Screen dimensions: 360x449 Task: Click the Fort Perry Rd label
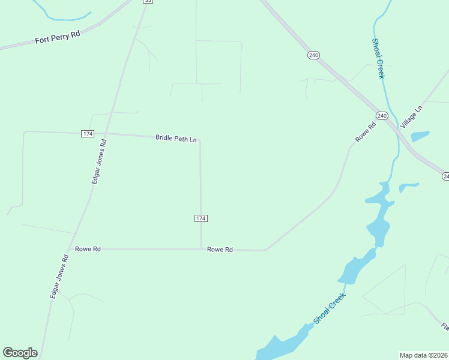click(x=57, y=37)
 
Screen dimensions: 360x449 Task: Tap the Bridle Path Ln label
click(x=176, y=138)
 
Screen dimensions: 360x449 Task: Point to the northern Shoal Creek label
click(x=377, y=59)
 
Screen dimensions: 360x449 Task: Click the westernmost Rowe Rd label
click(x=88, y=248)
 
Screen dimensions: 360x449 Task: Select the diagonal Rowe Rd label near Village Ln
click(x=365, y=131)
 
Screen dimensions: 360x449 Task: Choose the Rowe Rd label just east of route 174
click(x=220, y=249)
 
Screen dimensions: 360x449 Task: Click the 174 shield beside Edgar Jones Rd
click(x=87, y=133)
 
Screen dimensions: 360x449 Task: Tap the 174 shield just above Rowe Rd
click(x=201, y=218)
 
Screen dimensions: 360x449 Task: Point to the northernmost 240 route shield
click(x=313, y=55)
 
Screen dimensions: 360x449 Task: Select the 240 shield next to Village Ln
click(x=382, y=115)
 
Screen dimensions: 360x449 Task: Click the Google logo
click(x=20, y=352)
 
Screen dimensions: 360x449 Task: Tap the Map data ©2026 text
click(x=424, y=355)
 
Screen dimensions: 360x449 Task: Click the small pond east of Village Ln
click(x=421, y=136)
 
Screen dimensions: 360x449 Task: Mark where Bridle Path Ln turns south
click(x=200, y=140)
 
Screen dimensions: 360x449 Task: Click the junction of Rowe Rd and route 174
click(x=200, y=248)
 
